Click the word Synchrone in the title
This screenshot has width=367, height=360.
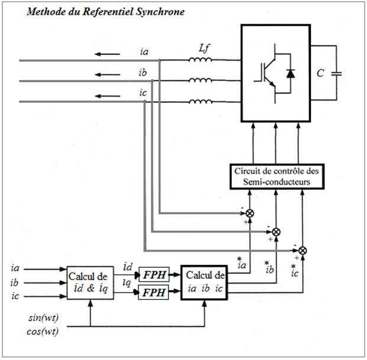pos(160,12)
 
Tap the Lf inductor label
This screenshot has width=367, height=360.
pos(204,49)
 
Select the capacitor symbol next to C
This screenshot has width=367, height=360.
pos(336,73)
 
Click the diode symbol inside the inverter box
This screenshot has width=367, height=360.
pos(290,73)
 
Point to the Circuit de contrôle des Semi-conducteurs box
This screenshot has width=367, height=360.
pos(277,177)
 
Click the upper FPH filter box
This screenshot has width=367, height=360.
pos(154,274)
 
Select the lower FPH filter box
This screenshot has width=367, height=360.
pos(154,293)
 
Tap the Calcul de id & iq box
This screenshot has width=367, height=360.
pos(90,283)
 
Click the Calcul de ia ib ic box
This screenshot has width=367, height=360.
pos(204,283)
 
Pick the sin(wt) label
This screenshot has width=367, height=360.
pos(43,318)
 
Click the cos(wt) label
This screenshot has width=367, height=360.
pos(43,332)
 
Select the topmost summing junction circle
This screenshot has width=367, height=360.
pos(250,213)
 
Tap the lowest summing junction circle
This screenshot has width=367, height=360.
pos(303,251)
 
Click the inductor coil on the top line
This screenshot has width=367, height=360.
pos(200,60)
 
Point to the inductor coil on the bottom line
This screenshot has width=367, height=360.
pos(201,102)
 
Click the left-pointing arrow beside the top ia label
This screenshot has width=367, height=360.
pos(107,54)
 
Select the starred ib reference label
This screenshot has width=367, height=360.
pos(269,268)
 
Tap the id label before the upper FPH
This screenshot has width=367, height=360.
pos(128,267)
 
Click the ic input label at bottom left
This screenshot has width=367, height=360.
pos(15,296)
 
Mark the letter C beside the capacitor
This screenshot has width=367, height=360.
pos(320,73)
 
